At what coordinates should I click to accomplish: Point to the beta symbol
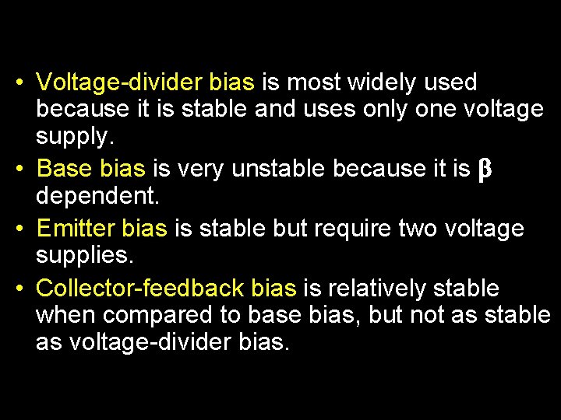pos(482,168)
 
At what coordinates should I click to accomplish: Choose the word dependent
pos(97,196)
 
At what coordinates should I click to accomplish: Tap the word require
pos(353,228)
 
